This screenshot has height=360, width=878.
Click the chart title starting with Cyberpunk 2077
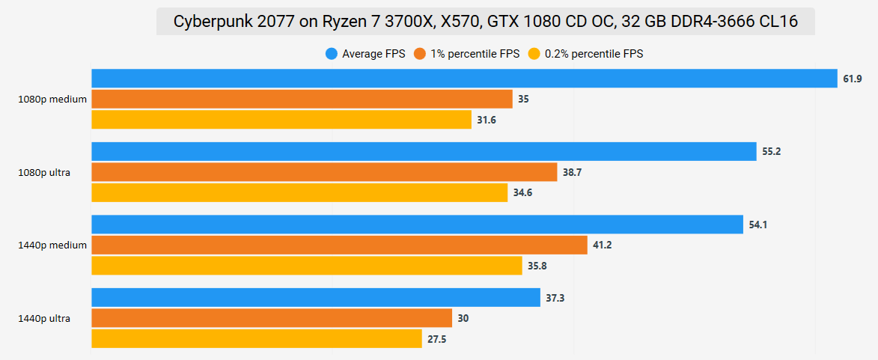tap(485, 22)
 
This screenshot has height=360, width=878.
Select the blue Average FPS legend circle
tap(331, 53)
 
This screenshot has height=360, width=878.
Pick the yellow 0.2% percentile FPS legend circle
tap(534, 53)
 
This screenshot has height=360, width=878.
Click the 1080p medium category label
tap(52, 99)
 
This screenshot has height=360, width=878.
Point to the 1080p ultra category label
tap(44, 172)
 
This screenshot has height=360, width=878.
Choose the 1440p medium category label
tap(52, 245)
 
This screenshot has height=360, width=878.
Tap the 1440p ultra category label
tap(44, 318)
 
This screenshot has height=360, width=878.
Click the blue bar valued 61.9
tap(464, 79)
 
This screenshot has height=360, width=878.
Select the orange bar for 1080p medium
tap(302, 99)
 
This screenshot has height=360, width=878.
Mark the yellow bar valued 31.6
tap(281, 120)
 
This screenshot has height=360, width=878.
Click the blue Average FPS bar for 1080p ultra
tap(424, 151)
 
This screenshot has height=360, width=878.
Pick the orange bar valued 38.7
tap(324, 172)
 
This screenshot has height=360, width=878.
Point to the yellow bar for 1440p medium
tap(307, 266)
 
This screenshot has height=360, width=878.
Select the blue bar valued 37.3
tap(316, 298)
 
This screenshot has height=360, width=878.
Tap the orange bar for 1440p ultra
tap(272, 318)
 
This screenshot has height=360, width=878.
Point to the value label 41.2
tap(603, 245)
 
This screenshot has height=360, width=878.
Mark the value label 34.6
tap(523, 193)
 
